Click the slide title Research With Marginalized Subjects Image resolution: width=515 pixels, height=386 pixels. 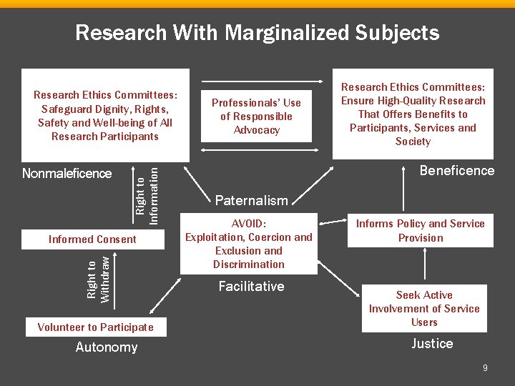coord(257,33)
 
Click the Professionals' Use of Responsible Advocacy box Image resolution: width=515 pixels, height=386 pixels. coord(256,117)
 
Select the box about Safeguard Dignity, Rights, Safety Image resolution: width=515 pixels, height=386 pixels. coord(105,115)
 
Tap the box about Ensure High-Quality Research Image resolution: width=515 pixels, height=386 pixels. coord(413,114)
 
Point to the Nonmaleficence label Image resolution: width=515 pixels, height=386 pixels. coord(67,174)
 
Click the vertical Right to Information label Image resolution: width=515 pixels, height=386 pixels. coord(147,191)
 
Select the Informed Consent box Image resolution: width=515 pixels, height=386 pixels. coord(92,239)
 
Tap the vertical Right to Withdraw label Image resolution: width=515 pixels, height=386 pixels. coord(98,279)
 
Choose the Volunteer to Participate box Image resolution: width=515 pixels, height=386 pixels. coord(95,327)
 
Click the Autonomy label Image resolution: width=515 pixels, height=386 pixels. coord(107,347)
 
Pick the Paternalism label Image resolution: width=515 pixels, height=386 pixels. coord(252,201)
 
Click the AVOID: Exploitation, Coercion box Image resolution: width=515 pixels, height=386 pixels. coord(249,244)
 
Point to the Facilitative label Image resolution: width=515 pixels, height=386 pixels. coord(251,287)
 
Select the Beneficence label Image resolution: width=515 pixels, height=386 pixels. coord(457,171)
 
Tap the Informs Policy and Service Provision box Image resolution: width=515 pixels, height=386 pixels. coord(421,231)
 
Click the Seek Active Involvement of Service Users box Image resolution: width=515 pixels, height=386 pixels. coord(424,309)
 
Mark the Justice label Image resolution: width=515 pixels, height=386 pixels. coord(432,344)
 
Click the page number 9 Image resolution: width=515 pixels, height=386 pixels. coord(486,368)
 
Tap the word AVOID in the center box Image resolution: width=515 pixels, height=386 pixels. coord(248,223)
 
